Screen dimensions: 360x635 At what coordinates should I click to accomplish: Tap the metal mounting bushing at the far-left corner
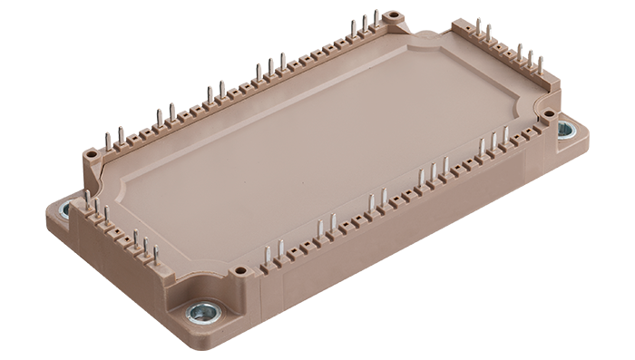[64, 211]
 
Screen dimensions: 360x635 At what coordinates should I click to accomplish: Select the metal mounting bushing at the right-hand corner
[565, 130]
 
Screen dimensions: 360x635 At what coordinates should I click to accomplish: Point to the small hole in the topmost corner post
[391, 16]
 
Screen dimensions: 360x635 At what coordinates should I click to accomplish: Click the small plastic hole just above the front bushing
[239, 270]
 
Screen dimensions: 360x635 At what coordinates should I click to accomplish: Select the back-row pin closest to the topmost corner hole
[376, 21]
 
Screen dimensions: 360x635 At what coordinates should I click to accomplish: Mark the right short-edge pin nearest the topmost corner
[478, 26]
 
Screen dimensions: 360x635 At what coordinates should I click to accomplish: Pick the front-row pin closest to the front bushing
[267, 255]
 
